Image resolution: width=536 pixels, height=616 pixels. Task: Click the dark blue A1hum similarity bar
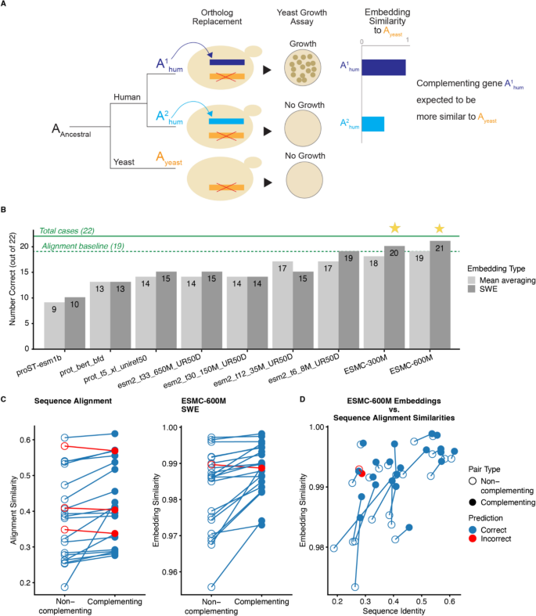click(x=383, y=67)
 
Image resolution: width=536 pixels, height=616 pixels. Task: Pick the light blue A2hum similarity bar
click(x=372, y=124)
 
